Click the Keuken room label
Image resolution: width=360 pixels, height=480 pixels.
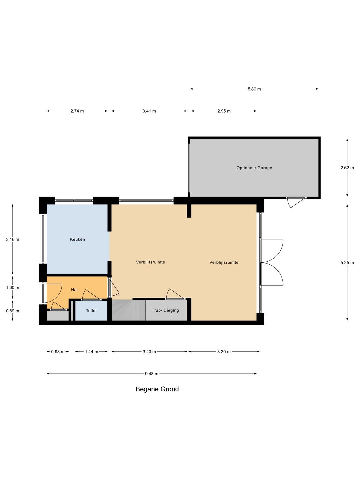[x=77, y=239]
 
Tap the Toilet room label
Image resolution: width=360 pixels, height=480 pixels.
[x=91, y=311]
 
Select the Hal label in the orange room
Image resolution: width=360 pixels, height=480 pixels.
[x=74, y=290]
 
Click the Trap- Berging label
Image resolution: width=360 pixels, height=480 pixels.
[x=165, y=310]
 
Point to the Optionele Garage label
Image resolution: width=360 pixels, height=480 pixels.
[x=254, y=168]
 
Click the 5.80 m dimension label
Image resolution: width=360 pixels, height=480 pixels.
[x=254, y=89]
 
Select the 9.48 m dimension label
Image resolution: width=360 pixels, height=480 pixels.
[x=152, y=374]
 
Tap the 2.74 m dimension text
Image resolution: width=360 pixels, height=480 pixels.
[x=77, y=111]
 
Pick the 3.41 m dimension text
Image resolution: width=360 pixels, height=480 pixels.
[x=149, y=111]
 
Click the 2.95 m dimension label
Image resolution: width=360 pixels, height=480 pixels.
[x=224, y=111]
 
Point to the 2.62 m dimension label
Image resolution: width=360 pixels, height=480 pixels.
[x=347, y=168]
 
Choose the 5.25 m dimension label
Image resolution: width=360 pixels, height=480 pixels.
[x=347, y=263]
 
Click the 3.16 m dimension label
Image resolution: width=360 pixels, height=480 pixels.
[x=13, y=239]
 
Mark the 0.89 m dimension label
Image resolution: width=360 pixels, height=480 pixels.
[x=13, y=311]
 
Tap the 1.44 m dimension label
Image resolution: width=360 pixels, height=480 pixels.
[x=91, y=352]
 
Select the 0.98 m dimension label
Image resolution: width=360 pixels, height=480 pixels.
[x=58, y=352]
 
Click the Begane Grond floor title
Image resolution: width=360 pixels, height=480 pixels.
[x=157, y=389]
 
